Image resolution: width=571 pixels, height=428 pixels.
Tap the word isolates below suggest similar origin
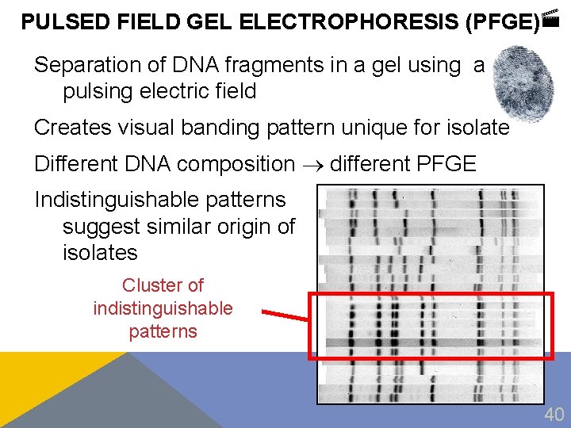click(100, 253)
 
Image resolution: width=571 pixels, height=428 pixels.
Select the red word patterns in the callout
click(163, 331)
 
